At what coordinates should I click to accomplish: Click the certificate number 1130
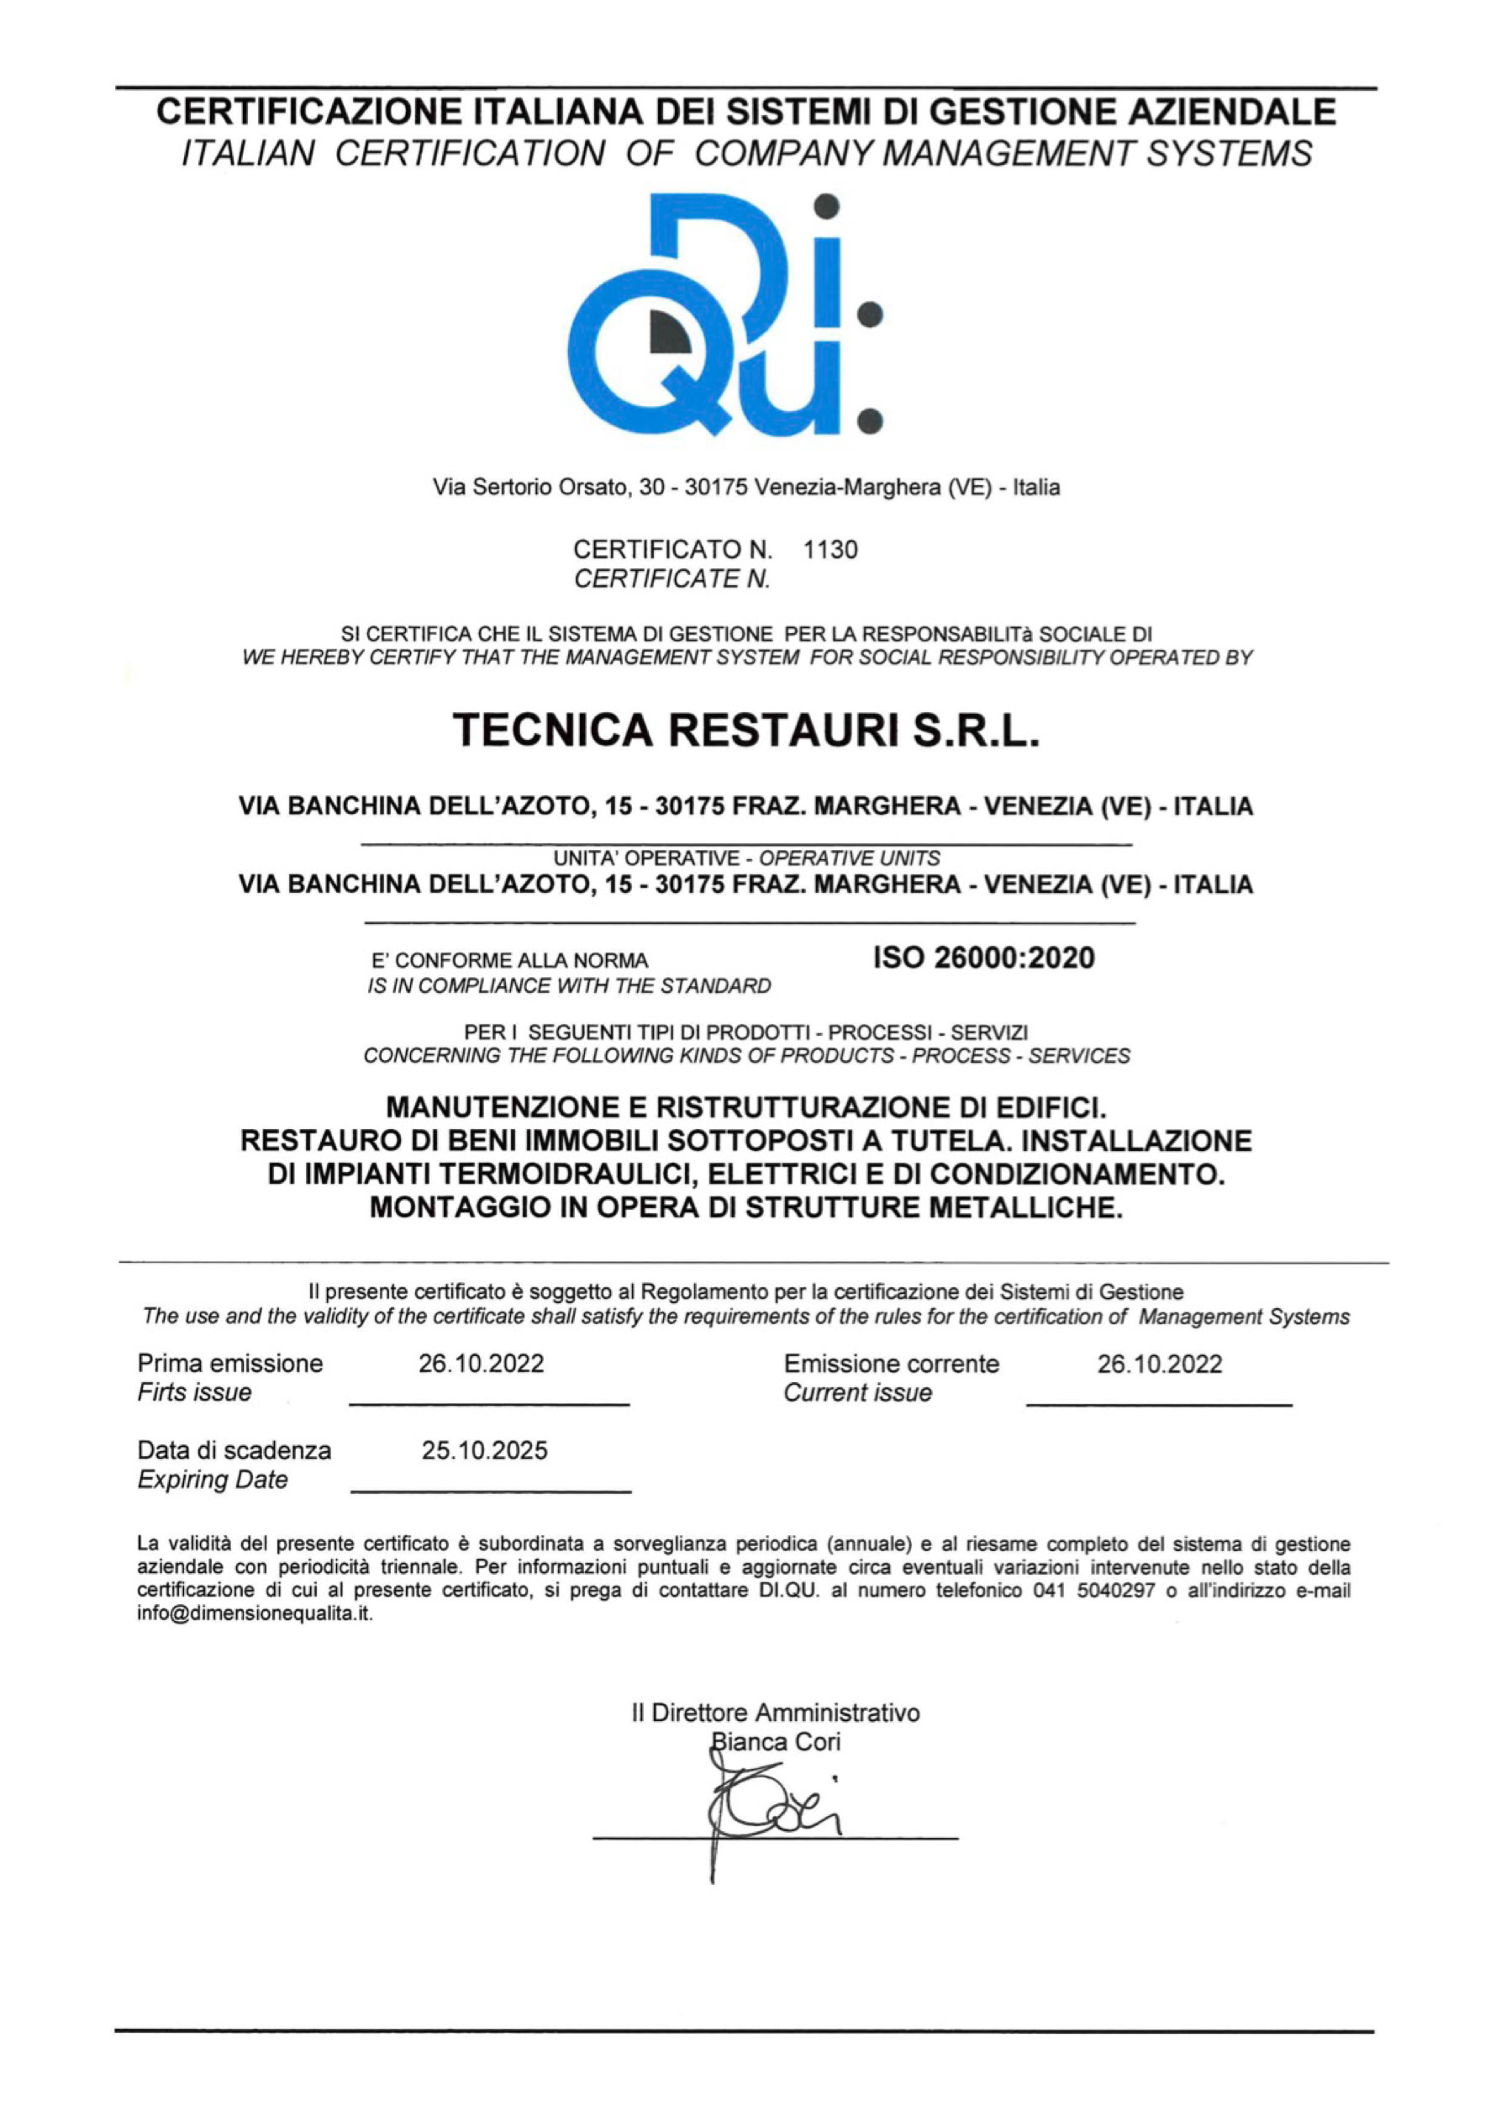(x=830, y=550)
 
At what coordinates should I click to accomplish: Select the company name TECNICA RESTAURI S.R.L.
(x=747, y=731)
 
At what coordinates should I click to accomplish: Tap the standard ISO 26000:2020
(x=983, y=958)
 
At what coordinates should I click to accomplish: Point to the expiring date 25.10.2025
(x=484, y=1450)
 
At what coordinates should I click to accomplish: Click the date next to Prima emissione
(x=481, y=1364)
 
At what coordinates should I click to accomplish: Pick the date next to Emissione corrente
(x=1159, y=1364)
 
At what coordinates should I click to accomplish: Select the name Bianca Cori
(x=775, y=1743)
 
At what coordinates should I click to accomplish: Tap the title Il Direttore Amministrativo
(x=776, y=1713)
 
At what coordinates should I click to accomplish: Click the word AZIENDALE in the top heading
(x=1234, y=112)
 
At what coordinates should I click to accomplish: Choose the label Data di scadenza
(x=234, y=1450)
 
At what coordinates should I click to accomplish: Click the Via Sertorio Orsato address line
(x=747, y=487)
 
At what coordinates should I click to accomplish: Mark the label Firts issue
(x=194, y=1393)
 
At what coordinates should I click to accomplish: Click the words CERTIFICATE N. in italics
(x=672, y=579)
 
